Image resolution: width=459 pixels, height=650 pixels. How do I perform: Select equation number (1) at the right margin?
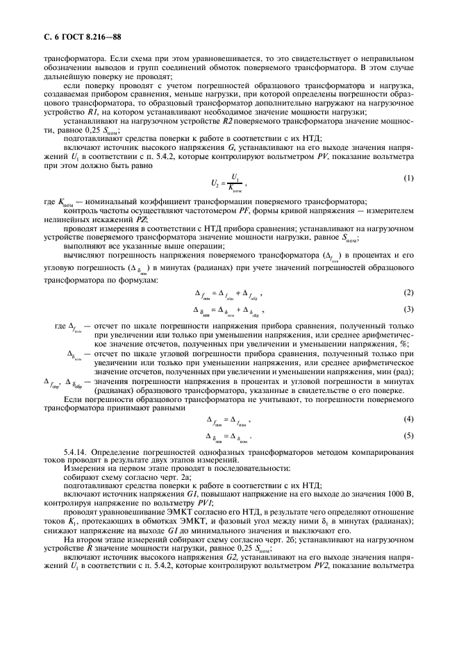pos(409,178)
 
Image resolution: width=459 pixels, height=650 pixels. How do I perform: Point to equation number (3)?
pos(409,308)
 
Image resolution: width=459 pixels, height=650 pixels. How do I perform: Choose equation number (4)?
pos(409,420)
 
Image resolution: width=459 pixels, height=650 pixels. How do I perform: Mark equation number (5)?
pos(409,435)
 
